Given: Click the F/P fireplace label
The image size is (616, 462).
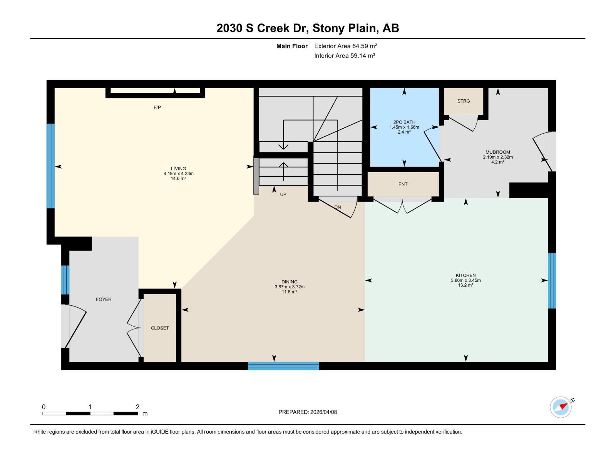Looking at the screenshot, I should pos(157,107).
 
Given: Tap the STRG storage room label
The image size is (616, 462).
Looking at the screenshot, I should pos(464,101).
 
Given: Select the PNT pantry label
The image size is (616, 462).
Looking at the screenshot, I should pos(403,184).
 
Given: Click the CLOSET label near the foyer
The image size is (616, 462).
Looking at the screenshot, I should pos(160,328).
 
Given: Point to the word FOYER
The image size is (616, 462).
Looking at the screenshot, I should pos(104,299).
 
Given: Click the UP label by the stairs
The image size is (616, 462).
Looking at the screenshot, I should pos(283,194).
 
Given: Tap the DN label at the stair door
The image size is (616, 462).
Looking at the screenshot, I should pos(338,207).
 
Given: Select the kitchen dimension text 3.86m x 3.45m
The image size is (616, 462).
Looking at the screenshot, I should pos(466,280).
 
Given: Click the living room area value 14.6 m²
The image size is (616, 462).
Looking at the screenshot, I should pos(178,179).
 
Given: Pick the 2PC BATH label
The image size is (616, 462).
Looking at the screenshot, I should pos(404,122).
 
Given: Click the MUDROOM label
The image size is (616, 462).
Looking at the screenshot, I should pos(498,152).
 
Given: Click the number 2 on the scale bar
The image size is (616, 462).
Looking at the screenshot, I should pos(137,407).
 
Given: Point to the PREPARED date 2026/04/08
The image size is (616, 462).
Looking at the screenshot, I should pos(323,412).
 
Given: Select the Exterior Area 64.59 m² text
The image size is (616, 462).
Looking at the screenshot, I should pos(345,46).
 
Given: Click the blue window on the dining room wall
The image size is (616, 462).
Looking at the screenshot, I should pos(283,366).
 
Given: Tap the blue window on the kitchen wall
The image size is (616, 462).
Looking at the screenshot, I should pos(552,281).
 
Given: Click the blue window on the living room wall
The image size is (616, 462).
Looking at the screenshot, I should pos(50,166).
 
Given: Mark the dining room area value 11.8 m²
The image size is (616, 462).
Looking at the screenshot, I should pos(289,292).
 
